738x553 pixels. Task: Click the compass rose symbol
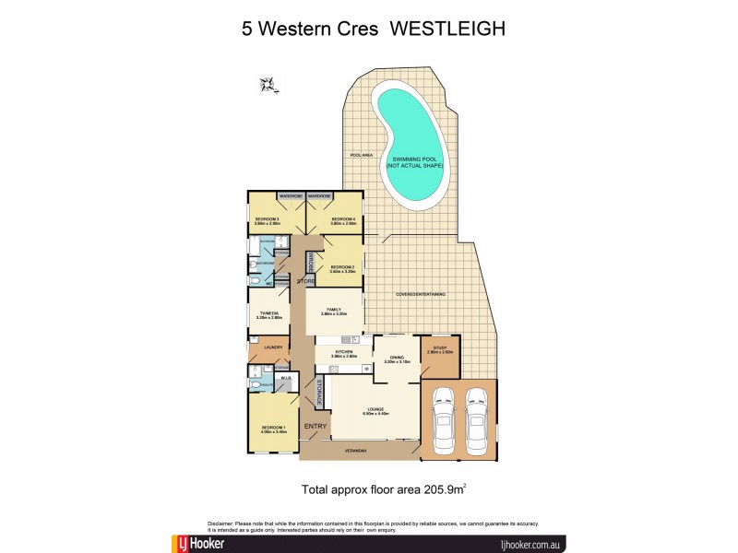pyautogui.click(x=268, y=86)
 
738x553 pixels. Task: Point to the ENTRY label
pyautogui.click(x=315, y=426)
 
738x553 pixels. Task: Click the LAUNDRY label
pyautogui.click(x=272, y=347)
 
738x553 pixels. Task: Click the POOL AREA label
pyautogui.click(x=361, y=155)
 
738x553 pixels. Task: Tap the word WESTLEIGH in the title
pyautogui.click(x=448, y=28)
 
